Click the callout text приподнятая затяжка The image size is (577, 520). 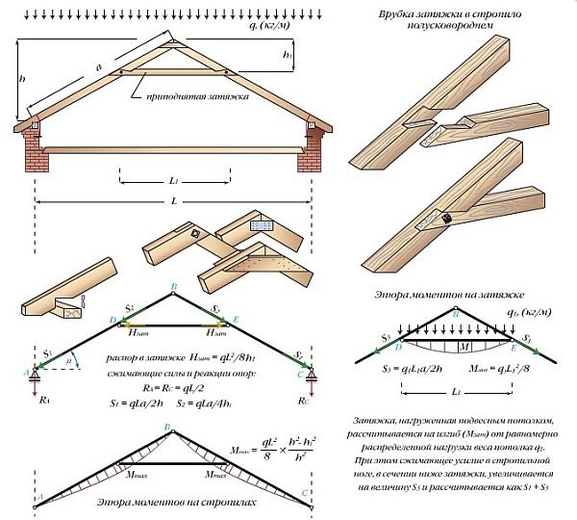[197, 98]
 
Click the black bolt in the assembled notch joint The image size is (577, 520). [447, 219]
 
